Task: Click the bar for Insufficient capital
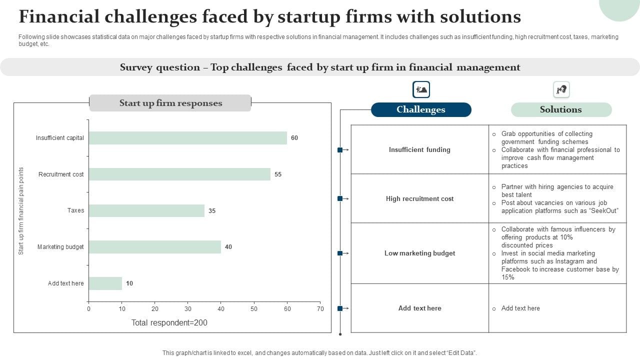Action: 187,138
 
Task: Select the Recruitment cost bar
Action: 179,174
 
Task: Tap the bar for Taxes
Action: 146,210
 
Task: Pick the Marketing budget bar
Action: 154,247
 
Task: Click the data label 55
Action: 278,174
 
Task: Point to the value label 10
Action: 129,283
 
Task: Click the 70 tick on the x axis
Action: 320,309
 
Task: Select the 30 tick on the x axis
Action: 188,309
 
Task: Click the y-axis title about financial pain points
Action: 21,211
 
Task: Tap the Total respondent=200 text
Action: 169,323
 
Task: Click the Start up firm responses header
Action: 170,103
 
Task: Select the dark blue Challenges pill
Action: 421,109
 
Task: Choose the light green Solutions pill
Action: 561,109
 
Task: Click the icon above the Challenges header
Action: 421,90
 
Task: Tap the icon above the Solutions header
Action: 561,90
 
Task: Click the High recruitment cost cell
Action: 419,198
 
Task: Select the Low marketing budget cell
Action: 419,253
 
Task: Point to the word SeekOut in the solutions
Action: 603,211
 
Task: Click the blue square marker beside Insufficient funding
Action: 340,150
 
